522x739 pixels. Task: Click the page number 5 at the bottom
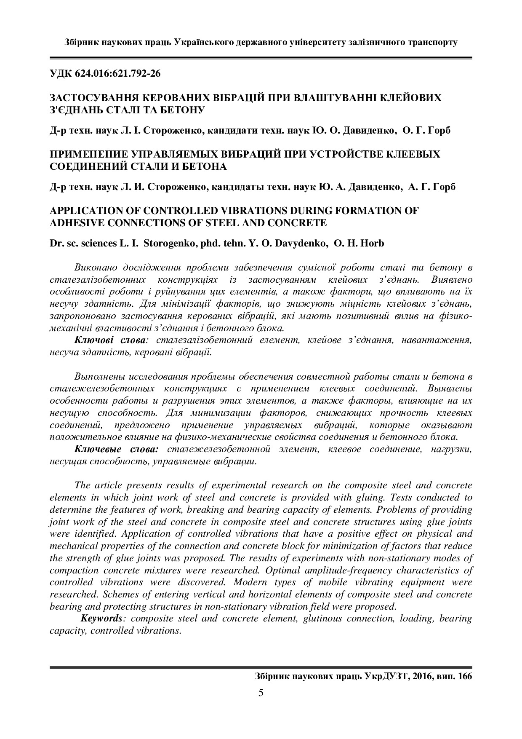(261, 693)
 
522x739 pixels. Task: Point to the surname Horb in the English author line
(373, 243)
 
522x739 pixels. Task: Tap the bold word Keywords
(101, 619)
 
